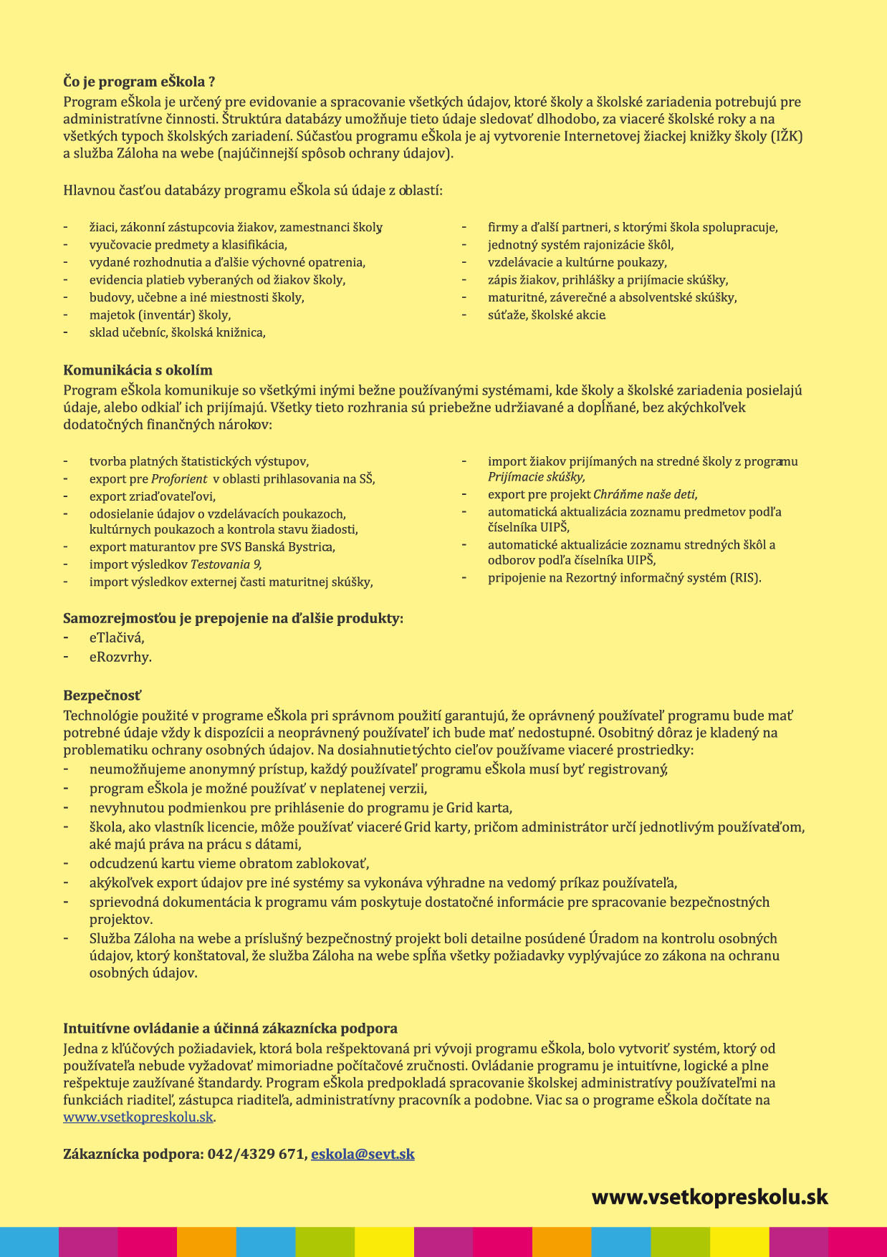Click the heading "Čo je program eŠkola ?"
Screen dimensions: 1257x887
pyautogui.click(x=139, y=82)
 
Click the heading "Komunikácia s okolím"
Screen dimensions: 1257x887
pyautogui.click(x=138, y=370)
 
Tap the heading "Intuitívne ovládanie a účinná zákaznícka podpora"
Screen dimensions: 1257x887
pyautogui.click(x=230, y=1029)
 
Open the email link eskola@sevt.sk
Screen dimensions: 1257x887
pyautogui.click(x=363, y=1154)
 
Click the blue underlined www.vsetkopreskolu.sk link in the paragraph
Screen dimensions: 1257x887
pyautogui.click(x=138, y=1117)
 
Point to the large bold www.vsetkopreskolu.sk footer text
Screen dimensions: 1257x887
pyautogui.click(x=709, y=1197)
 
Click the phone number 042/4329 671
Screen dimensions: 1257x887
pyautogui.click(x=256, y=1154)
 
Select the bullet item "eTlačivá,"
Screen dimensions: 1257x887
pyautogui.click(x=117, y=637)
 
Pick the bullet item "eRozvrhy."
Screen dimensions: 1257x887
pyautogui.click(x=120, y=657)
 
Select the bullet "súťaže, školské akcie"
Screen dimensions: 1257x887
pyautogui.click(x=547, y=315)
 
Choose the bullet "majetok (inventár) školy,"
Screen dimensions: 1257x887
pyautogui.click(x=160, y=315)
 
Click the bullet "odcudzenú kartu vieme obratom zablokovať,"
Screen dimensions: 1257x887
pyautogui.click(x=229, y=864)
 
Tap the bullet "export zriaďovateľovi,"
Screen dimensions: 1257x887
pyautogui.click(x=152, y=496)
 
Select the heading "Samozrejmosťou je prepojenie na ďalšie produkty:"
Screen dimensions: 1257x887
pyautogui.click(x=233, y=618)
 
